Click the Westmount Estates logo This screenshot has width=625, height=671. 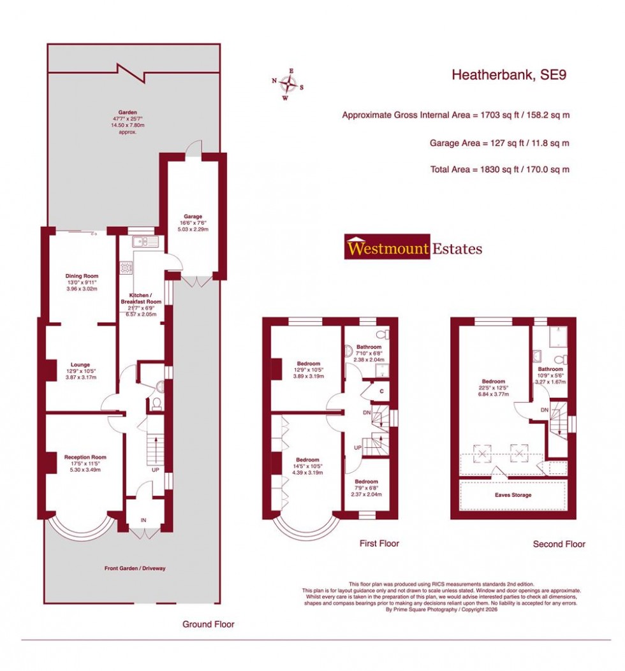point(413,248)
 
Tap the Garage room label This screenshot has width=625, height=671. point(193,216)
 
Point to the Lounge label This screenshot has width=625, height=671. point(80,365)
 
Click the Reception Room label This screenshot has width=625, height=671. point(85,457)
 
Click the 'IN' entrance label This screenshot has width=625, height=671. point(143,521)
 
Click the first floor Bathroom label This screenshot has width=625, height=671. point(369,347)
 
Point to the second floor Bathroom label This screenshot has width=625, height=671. point(550,369)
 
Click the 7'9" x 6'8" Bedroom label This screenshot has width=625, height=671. point(366,482)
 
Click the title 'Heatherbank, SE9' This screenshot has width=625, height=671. point(509,75)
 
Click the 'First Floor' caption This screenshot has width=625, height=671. point(379,544)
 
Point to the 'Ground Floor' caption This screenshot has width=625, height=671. point(208,624)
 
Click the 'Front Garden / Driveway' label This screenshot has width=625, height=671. point(135,568)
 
